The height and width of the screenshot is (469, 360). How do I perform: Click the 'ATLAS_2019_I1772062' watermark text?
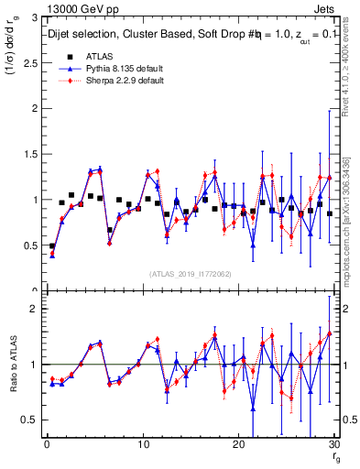click(x=189, y=274)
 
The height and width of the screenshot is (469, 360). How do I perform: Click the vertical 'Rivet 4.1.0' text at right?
click(x=352, y=73)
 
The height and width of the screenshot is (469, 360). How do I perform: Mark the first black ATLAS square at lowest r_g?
click(x=52, y=246)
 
